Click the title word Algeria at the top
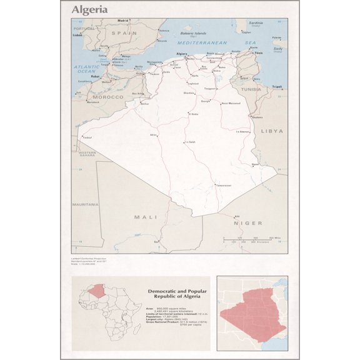pos(89,9)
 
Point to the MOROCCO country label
pos(108,97)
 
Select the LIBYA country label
pos(271,131)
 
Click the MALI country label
pos(145,217)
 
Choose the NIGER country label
pos(247,222)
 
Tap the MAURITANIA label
pos(85,204)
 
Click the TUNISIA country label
pos(252,89)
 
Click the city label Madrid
pos(122,21)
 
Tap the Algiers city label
pos(182,54)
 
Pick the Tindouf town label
pos(87,137)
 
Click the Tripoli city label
pos(277,86)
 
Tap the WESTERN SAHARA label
pos(87,154)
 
